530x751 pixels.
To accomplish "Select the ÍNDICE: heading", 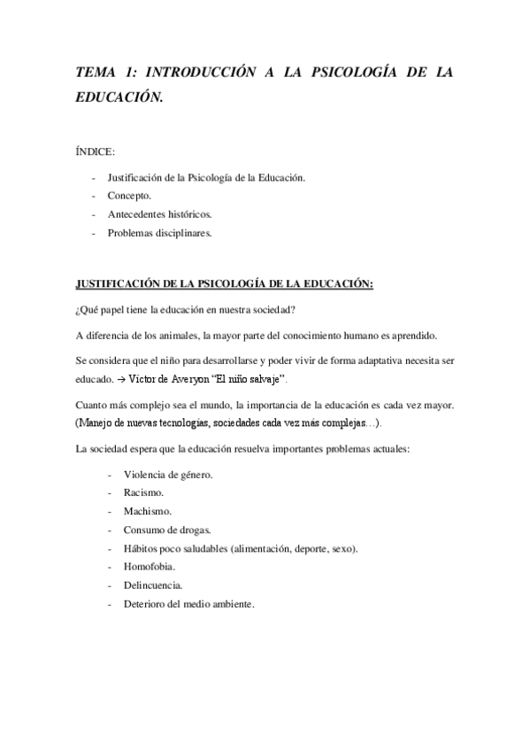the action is [95, 153].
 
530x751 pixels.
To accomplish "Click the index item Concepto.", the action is [129, 195].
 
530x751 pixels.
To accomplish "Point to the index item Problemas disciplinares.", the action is [160, 234].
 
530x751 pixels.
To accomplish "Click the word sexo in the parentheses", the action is [342, 547].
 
